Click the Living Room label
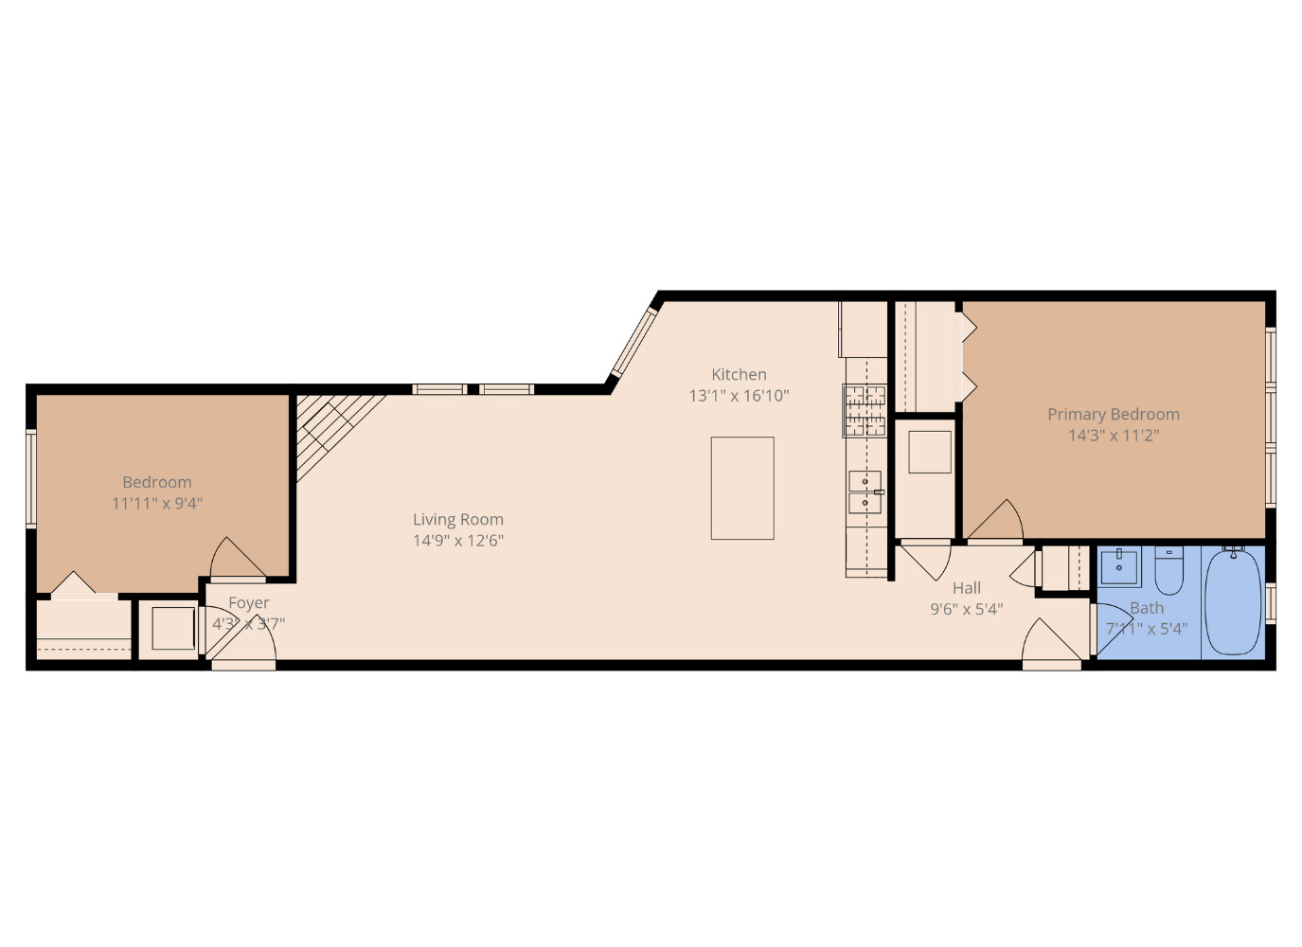(457, 520)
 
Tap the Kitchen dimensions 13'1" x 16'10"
(739, 396)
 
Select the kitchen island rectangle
(742, 488)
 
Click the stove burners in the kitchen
(865, 410)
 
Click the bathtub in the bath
(1234, 600)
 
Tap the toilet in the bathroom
(1168, 569)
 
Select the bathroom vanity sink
(1120, 565)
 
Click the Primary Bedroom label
(1113, 415)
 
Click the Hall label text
(966, 588)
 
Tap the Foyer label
(248, 603)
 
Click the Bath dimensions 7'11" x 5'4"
(1146, 629)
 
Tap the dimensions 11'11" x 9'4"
(157, 504)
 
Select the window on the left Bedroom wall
(31, 478)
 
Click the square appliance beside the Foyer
(173, 628)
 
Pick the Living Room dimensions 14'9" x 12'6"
(457, 541)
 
